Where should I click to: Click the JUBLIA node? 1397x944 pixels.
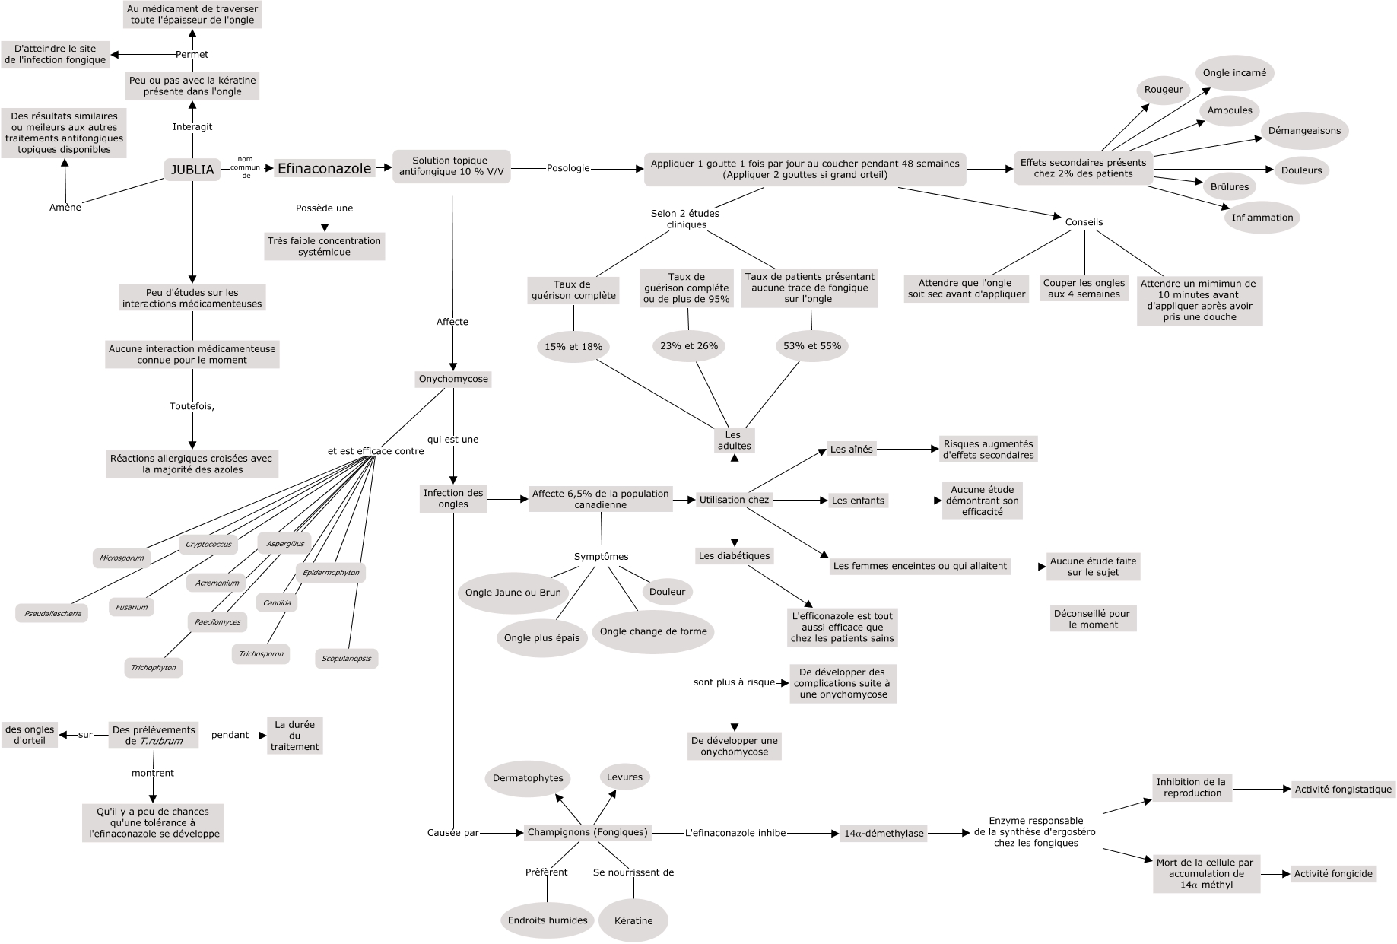point(192,169)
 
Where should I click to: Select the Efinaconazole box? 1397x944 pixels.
point(325,168)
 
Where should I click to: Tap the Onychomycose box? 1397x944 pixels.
point(453,379)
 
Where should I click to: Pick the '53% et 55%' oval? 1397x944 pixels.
point(812,345)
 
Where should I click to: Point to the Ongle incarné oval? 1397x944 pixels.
point(1234,73)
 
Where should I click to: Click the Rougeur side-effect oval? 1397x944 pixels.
point(1164,89)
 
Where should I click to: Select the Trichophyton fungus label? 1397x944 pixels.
point(154,668)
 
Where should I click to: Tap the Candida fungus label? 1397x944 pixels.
point(277,603)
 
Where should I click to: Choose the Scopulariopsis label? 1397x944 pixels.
point(347,658)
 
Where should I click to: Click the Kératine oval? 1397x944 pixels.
point(633,920)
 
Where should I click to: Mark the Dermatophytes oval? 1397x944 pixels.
point(528,778)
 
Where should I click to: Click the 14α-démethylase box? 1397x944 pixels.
point(884,834)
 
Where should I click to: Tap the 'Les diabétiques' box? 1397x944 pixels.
point(735,556)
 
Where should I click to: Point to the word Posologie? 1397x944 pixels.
point(568,168)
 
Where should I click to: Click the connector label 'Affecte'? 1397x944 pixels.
point(452,322)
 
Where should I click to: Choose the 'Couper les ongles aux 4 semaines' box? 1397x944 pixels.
point(1084,288)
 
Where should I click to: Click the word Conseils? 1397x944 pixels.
point(1084,222)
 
